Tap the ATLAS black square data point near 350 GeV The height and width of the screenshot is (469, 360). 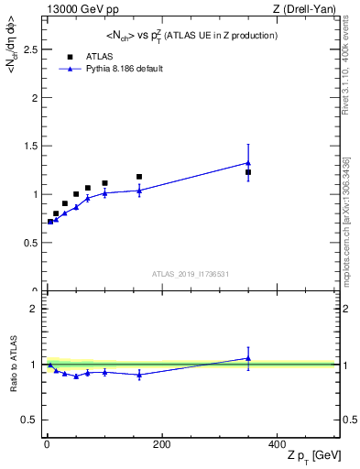pyautogui.click(x=248, y=172)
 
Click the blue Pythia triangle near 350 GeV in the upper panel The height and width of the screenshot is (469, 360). pyautogui.click(x=248, y=163)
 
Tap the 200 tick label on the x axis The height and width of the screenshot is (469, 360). pyautogui.click(x=161, y=444)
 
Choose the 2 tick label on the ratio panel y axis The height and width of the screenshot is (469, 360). pyautogui.click(x=36, y=309)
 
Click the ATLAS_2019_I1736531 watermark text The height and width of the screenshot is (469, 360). pyautogui.click(x=190, y=274)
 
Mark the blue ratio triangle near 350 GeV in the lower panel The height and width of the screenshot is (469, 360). pyautogui.click(x=248, y=358)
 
